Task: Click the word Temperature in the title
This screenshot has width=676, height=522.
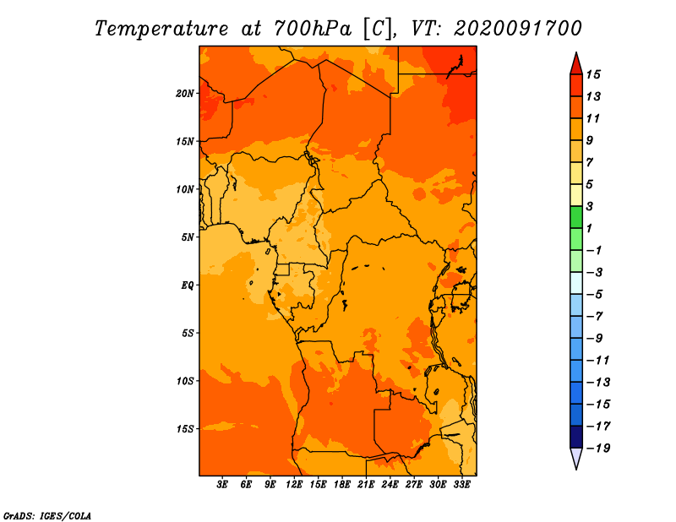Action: click(161, 29)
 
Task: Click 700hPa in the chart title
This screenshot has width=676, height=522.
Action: click(313, 29)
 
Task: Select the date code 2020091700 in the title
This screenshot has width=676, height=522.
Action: click(517, 29)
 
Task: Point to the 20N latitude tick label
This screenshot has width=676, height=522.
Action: click(185, 94)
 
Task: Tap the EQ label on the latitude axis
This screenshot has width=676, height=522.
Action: click(187, 285)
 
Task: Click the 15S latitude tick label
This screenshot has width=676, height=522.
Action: click(185, 429)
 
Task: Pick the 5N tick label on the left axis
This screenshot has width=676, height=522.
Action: click(188, 237)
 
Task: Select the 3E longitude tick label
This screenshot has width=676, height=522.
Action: click(222, 484)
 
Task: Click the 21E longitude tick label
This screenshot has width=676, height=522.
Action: click(366, 484)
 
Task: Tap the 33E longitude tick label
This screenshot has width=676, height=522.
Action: click(461, 484)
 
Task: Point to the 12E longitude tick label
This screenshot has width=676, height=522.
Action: click(293, 484)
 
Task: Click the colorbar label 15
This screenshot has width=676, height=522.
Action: click(593, 74)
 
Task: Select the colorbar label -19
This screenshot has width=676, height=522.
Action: click(598, 449)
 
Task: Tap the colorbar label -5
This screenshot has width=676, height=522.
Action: click(594, 295)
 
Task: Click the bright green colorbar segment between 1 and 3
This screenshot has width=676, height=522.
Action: click(576, 217)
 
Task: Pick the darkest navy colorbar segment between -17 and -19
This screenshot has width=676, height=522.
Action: click(576, 437)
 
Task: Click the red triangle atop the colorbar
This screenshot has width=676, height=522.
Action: click(576, 65)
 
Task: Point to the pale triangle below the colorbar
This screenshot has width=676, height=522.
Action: click(576, 458)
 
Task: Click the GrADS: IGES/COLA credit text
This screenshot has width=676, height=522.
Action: click(47, 515)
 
